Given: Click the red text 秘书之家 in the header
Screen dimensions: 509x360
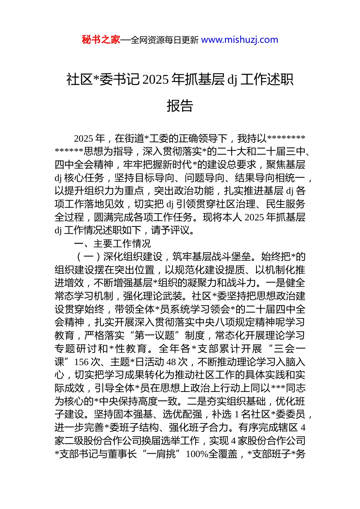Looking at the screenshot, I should pyautogui.click(x=101, y=40).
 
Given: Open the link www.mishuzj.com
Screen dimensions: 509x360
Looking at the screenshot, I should pyautogui.click(x=239, y=40).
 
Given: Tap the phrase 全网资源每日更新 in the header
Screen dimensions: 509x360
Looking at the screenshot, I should pyautogui.click(x=164, y=40).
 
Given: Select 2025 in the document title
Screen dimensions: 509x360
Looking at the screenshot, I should pyautogui.click(x=157, y=80).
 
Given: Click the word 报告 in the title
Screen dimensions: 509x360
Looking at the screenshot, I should pyautogui.click(x=180, y=106).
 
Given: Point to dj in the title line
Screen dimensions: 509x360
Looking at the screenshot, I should pyautogui.click(x=232, y=80).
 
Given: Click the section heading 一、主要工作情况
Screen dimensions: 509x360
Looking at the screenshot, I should pyautogui.click(x=113, y=244).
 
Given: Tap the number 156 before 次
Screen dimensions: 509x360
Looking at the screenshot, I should pyautogui.click(x=82, y=362).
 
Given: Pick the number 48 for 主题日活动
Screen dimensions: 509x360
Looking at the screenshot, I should pyautogui.click(x=171, y=362).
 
